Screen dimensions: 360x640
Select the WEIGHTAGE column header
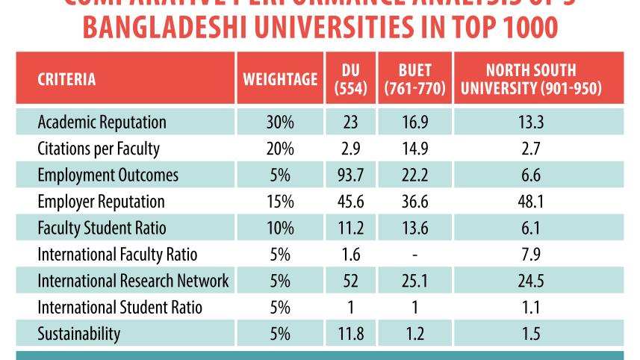pyautogui.click(x=280, y=79)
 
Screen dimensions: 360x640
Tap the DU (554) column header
pyautogui.click(x=350, y=79)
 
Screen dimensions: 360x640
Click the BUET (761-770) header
pyautogui.click(x=414, y=79)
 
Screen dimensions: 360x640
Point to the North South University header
pyautogui.click(x=531, y=79)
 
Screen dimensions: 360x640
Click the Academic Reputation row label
pyautogui.click(x=102, y=122)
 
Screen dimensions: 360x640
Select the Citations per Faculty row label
pyautogui.click(x=98, y=149)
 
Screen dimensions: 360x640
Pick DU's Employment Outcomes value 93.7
pyautogui.click(x=350, y=175)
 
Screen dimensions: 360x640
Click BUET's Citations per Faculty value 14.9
pyautogui.click(x=414, y=149)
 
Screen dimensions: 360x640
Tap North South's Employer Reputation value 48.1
pyautogui.click(x=531, y=202)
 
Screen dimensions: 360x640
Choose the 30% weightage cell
pyautogui.click(x=280, y=122)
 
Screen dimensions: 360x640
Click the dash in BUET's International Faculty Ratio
pyautogui.click(x=414, y=255)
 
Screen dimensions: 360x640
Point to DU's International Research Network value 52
pyautogui.click(x=350, y=281)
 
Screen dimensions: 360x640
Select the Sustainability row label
pyautogui.click(x=78, y=334)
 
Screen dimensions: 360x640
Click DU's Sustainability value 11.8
pyautogui.click(x=350, y=334)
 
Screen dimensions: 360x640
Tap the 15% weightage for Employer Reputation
pyautogui.click(x=280, y=202)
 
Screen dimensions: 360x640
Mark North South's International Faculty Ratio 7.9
pyautogui.click(x=531, y=255)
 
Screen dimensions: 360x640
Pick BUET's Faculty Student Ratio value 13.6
pyautogui.click(x=414, y=228)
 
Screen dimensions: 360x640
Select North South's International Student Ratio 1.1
pyautogui.click(x=531, y=308)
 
